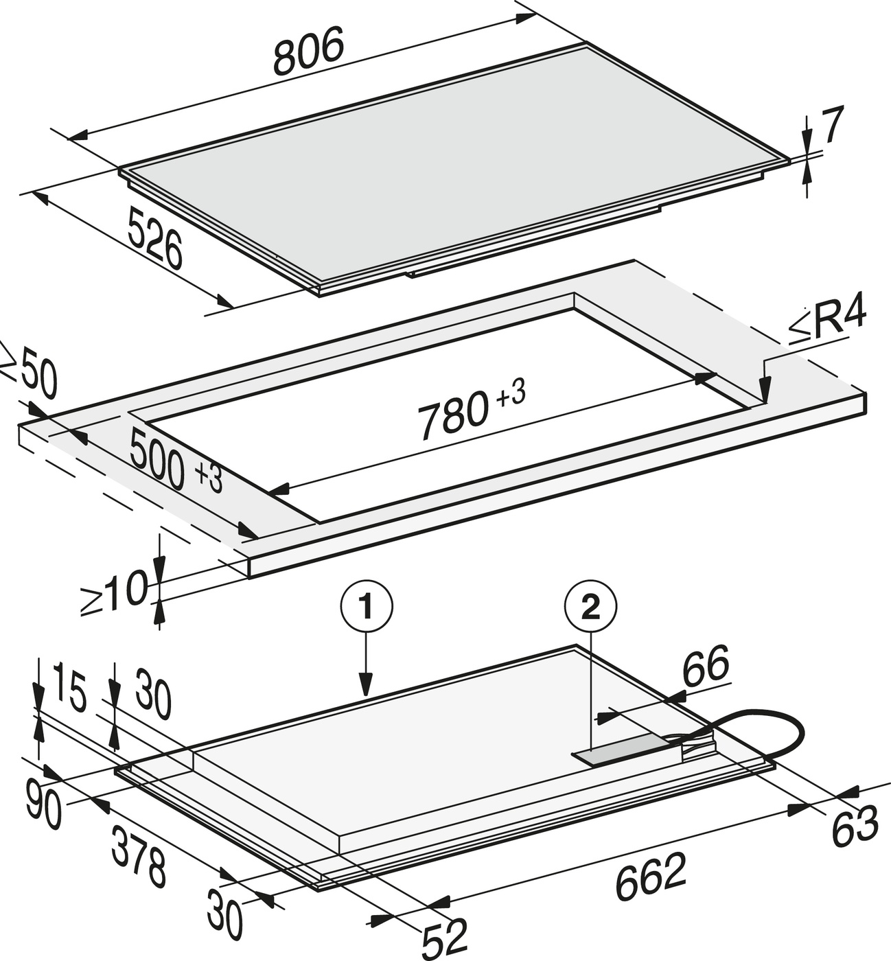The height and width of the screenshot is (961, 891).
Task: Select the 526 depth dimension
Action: coord(155,238)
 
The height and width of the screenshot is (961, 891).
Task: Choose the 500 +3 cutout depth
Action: coord(176,461)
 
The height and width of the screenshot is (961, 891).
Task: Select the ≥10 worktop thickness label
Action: coord(114,593)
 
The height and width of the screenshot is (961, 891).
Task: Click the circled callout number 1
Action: coord(367,607)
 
